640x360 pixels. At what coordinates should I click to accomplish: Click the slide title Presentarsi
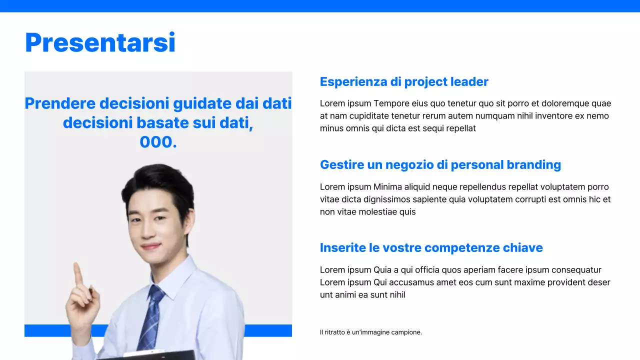[100, 42]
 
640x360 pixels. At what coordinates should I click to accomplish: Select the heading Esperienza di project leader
[404, 81]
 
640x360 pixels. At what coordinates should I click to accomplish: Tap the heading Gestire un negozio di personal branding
[440, 164]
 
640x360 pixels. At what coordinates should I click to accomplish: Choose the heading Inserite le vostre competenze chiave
[431, 247]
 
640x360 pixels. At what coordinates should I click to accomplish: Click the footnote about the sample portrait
[370, 332]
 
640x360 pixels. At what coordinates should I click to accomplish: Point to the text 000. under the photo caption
[158, 142]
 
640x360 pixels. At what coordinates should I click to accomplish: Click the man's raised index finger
[78, 272]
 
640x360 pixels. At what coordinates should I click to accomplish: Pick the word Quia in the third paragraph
[382, 270]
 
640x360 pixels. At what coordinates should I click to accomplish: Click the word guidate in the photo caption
[198, 103]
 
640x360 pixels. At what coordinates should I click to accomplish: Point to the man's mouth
[151, 246]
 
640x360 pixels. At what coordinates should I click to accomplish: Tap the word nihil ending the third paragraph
[395, 295]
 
